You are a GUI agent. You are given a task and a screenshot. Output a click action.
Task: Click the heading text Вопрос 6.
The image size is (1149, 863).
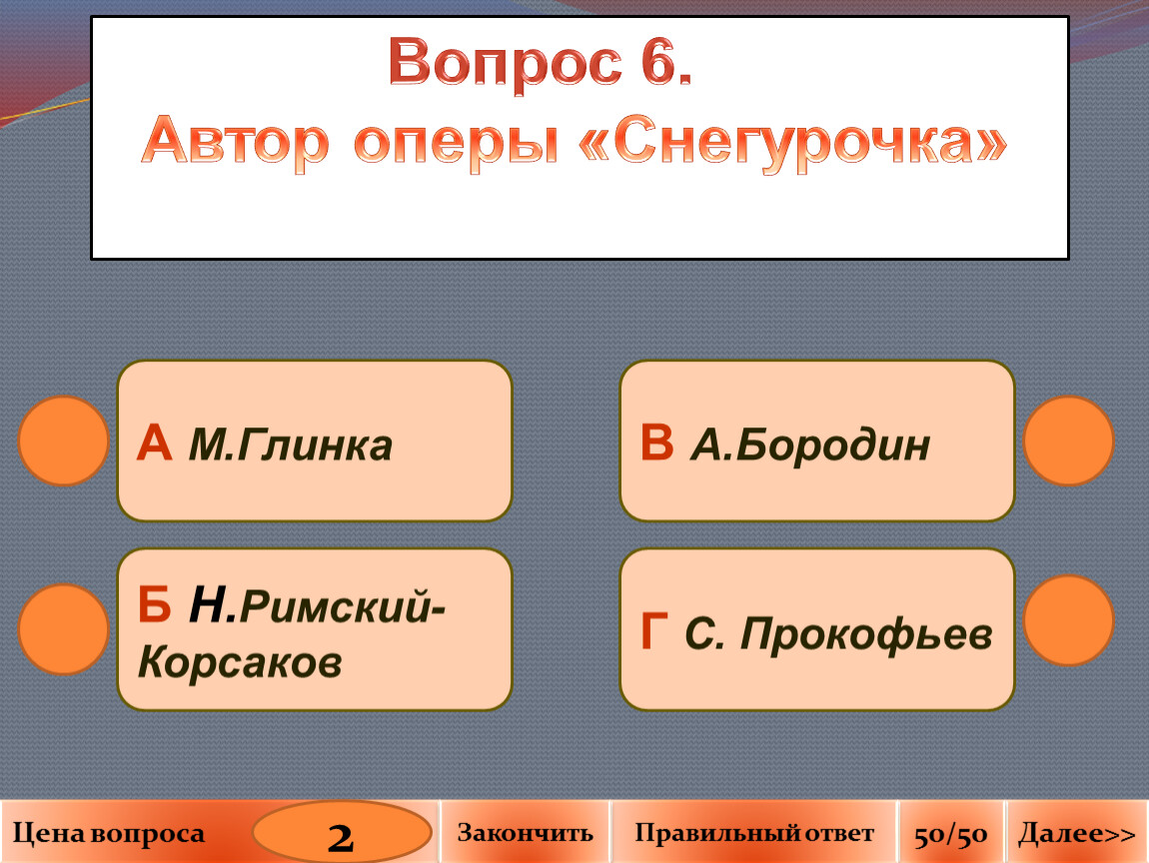tap(541, 63)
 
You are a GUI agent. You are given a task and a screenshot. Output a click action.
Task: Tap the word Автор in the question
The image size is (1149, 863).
tap(235, 142)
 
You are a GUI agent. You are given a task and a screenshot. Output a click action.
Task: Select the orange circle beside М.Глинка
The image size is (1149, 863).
tap(64, 441)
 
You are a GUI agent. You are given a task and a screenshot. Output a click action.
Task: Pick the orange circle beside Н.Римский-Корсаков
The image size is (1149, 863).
tap(64, 629)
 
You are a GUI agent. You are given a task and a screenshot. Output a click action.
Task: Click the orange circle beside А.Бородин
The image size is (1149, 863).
tap(1068, 441)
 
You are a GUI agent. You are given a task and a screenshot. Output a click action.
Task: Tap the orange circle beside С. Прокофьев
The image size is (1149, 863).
tap(1068, 620)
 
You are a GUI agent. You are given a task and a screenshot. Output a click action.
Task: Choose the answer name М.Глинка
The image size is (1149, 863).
tap(290, 444)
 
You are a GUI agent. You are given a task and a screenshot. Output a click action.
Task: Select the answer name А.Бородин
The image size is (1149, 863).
tap(810, 444)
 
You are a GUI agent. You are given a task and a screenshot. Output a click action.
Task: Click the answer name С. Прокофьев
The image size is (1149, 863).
tap(838, 633)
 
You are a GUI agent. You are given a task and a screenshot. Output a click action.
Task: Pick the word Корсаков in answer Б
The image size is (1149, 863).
tap(240, 662)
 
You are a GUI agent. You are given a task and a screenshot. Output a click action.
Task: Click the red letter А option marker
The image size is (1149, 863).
tap(154, 443)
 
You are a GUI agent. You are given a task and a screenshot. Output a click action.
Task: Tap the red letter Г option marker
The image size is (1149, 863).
tap(653, 630)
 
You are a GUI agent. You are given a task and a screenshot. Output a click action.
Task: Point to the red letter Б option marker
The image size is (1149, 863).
tap(154, 605)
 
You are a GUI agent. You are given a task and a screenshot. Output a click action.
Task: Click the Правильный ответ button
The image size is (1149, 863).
tap(754, 832)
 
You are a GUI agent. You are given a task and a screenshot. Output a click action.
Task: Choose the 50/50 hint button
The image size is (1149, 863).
tap(951, 832)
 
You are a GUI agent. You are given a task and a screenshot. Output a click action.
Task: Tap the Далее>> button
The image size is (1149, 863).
tap(1076, 832)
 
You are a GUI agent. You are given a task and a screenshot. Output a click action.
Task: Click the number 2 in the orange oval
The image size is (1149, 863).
tap(341, 837)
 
